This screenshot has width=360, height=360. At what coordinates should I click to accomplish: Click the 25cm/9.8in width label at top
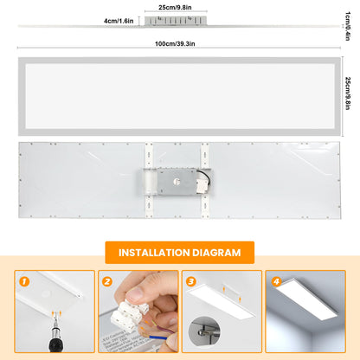[176, 7]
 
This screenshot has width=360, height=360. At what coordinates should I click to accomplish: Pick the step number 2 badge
[106, 280]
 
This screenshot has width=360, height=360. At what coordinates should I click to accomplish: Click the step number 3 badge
[190, 280]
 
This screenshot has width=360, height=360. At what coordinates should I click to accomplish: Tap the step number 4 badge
[274, 280]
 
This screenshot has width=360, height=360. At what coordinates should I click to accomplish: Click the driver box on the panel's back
[180, 183]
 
